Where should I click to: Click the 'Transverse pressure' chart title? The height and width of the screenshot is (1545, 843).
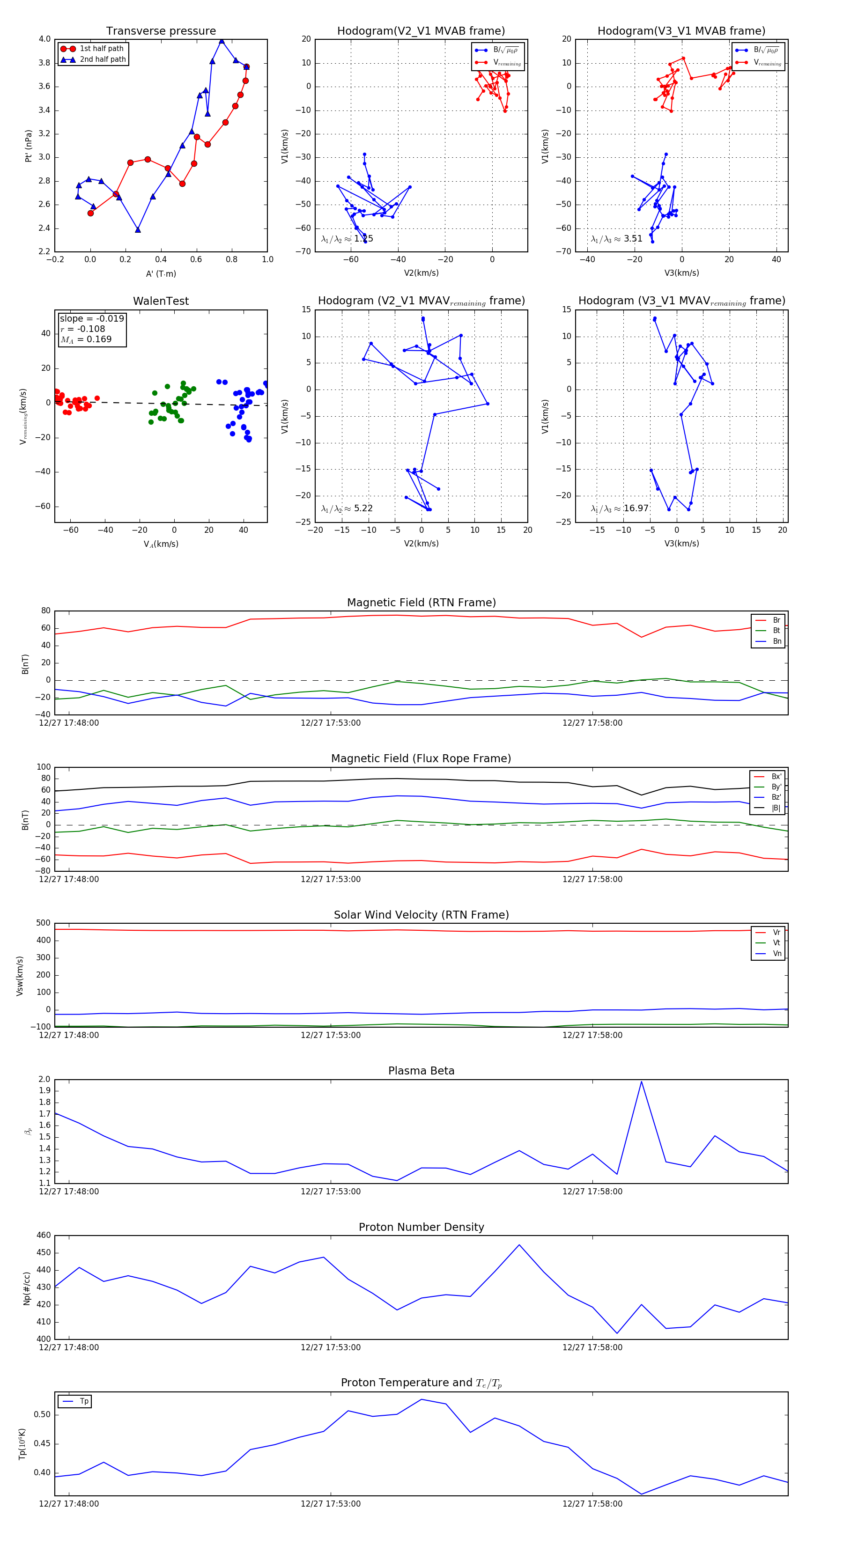click(161, 31)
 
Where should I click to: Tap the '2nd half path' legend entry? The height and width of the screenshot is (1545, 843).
click(103, 59)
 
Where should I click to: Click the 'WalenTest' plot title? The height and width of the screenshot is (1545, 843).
click(161, 301)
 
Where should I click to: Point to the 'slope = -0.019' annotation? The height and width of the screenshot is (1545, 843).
click(92, 318)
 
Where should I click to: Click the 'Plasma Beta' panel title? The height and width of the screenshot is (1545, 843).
click(421, 1071)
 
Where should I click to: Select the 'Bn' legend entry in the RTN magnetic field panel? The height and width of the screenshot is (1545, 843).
click(776, 641)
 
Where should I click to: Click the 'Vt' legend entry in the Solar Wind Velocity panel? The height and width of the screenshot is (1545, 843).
click(776, 943)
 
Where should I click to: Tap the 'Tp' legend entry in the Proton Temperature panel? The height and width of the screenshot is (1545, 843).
click(84, 1401)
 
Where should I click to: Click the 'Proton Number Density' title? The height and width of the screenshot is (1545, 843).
click(421, 1227)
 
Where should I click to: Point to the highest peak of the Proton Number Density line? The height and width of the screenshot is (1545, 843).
click(519, 1244)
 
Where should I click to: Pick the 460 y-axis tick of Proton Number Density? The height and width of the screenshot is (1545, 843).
click(44, 1236)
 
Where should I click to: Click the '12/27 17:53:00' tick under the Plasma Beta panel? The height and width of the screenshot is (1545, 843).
click(331, 1191)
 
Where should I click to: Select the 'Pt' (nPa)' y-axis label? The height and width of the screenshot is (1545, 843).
click(28, 146)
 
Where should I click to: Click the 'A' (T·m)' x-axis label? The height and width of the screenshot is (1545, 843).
click(161, 274)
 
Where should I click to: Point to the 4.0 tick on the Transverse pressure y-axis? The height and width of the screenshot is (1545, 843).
click(44, 39)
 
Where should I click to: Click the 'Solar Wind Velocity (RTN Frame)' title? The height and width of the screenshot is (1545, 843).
click(421, 915)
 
